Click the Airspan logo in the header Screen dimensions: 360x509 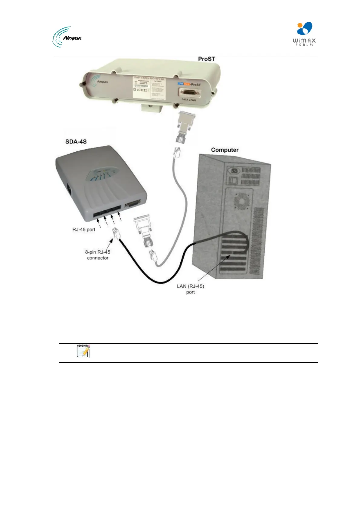point(67,37)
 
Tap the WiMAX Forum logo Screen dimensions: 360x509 point(304,34)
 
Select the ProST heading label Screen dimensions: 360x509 point(206,59)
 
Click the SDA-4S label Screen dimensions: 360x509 point(76,141)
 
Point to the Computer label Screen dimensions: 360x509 point(224,150)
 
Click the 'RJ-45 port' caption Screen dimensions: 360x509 point(84,229)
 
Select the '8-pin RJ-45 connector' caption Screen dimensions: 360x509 point(97,254)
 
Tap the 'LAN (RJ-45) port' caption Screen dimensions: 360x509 point(190,289)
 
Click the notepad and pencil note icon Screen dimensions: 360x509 point(83,351)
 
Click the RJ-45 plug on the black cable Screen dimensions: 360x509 point(116,234)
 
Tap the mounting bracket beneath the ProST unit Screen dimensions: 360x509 point(151,107)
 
